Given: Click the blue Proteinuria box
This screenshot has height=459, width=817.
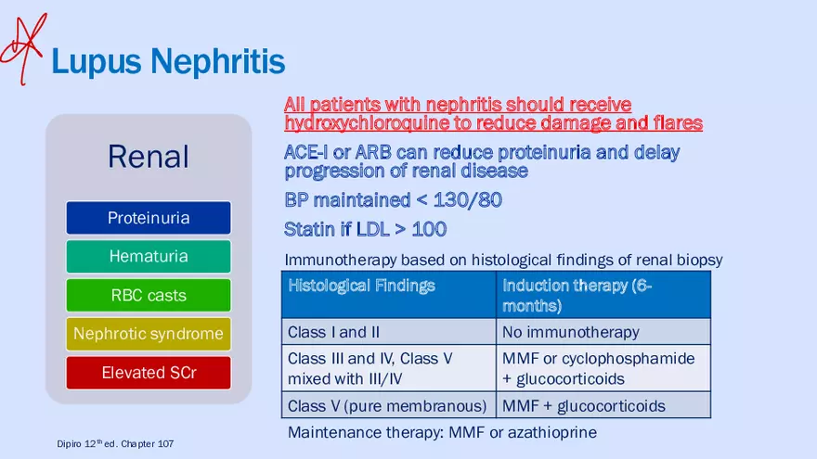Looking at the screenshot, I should click(149, 218).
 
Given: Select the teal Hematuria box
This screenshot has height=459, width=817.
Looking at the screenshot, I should click(149, 256).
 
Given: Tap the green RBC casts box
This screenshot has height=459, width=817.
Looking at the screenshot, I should click(149, 296).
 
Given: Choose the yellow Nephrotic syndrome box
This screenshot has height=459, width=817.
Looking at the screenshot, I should click(149, 334).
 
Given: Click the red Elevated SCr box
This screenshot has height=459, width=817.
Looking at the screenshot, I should click(149, 373).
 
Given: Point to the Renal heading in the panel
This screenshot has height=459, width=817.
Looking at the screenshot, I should click(149, 156).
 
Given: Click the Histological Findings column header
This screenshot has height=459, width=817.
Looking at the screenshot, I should click(361, 286).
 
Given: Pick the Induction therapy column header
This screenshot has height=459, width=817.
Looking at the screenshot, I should click(577, 295).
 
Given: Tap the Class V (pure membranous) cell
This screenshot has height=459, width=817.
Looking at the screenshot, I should click(387, 406).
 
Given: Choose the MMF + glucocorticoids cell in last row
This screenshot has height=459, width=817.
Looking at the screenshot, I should click(583, 406).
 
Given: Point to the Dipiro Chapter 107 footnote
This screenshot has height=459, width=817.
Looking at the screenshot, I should click(115, 444).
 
